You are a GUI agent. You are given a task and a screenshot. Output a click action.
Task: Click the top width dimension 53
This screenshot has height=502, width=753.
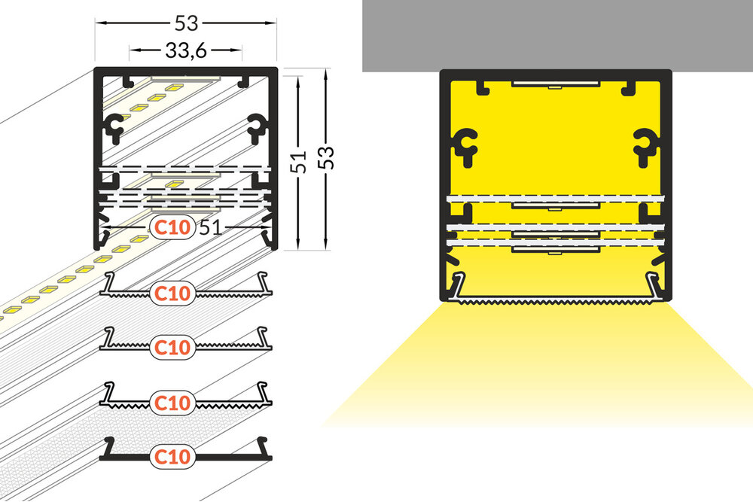[x=185, y=23]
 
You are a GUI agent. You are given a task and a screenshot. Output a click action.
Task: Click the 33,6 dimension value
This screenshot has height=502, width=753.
[x=185, y=51]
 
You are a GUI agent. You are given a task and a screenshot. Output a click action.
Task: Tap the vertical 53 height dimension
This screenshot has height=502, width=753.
[x=326, y=157]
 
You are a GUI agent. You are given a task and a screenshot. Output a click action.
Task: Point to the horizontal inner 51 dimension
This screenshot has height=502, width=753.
[x=211, y=227]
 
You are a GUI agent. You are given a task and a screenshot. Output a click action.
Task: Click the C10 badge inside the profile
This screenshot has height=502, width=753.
[x=173, y=227]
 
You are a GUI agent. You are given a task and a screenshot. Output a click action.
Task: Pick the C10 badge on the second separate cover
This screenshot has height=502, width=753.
[x=173, y=346]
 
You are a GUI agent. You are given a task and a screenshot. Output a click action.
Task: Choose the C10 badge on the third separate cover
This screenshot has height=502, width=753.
[x=173, y=401]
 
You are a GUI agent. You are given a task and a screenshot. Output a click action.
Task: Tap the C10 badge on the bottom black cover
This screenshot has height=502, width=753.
[x=173, y=455]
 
